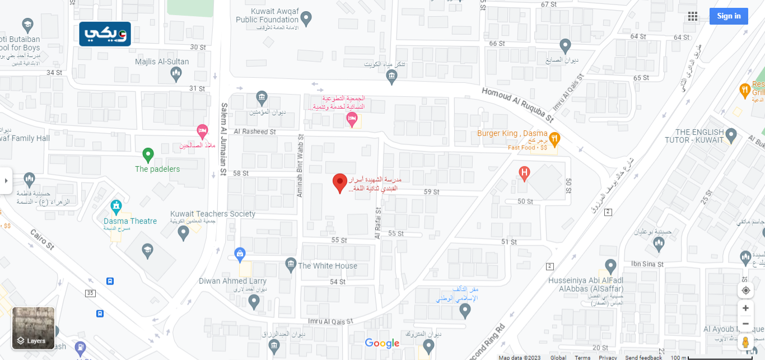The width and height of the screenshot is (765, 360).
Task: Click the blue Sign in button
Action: tap(729, 16)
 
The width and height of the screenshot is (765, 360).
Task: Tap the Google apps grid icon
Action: tap(693, 16)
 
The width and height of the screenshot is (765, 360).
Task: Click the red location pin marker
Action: tap(339, 183)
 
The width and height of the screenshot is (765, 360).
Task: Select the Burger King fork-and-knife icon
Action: tap(554, 138)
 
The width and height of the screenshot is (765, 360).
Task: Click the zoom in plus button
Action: tap(745, 308)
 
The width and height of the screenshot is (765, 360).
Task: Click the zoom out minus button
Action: tap(745, 324)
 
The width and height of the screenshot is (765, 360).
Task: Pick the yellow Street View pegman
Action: tap(745, 342)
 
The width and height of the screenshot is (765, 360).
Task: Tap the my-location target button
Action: tap(745, 290)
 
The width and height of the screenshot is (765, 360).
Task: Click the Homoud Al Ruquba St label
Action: tap(517, 104)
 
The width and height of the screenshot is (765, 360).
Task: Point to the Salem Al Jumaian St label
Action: tap(223, 139)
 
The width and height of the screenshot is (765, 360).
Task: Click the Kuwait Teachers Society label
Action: tap(213, 214)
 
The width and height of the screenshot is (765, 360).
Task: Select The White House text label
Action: tap(328, 266)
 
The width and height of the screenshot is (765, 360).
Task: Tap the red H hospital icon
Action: tap(524, 173)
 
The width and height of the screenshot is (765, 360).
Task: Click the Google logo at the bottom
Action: tap(382, 343)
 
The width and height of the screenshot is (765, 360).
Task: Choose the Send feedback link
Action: tap(643, 358)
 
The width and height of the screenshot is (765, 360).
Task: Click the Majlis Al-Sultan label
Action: tap(162, 62)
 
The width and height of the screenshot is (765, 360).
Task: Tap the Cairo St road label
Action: tap(42, 240)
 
